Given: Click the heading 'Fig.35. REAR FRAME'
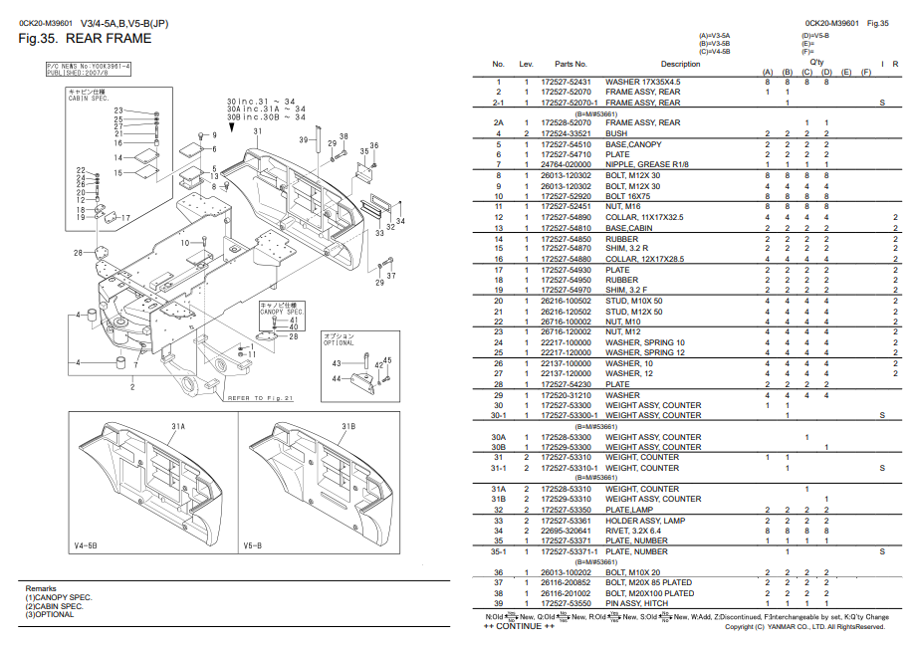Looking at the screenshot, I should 86,39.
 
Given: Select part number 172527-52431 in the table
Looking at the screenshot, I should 566,82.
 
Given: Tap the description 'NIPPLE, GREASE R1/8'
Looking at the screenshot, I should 648,165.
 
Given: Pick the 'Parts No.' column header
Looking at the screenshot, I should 572,64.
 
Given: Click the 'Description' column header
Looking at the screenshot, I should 680,64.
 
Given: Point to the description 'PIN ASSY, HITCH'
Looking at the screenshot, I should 638,604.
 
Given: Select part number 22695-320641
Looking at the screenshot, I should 566,531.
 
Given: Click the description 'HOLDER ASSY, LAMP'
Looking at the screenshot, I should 645,521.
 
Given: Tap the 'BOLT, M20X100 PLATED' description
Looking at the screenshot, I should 650,594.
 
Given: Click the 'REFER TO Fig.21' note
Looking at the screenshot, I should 262,398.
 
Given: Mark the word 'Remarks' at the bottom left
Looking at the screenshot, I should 41,589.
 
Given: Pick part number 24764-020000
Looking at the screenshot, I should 566,165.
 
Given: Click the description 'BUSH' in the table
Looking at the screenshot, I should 616,133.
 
